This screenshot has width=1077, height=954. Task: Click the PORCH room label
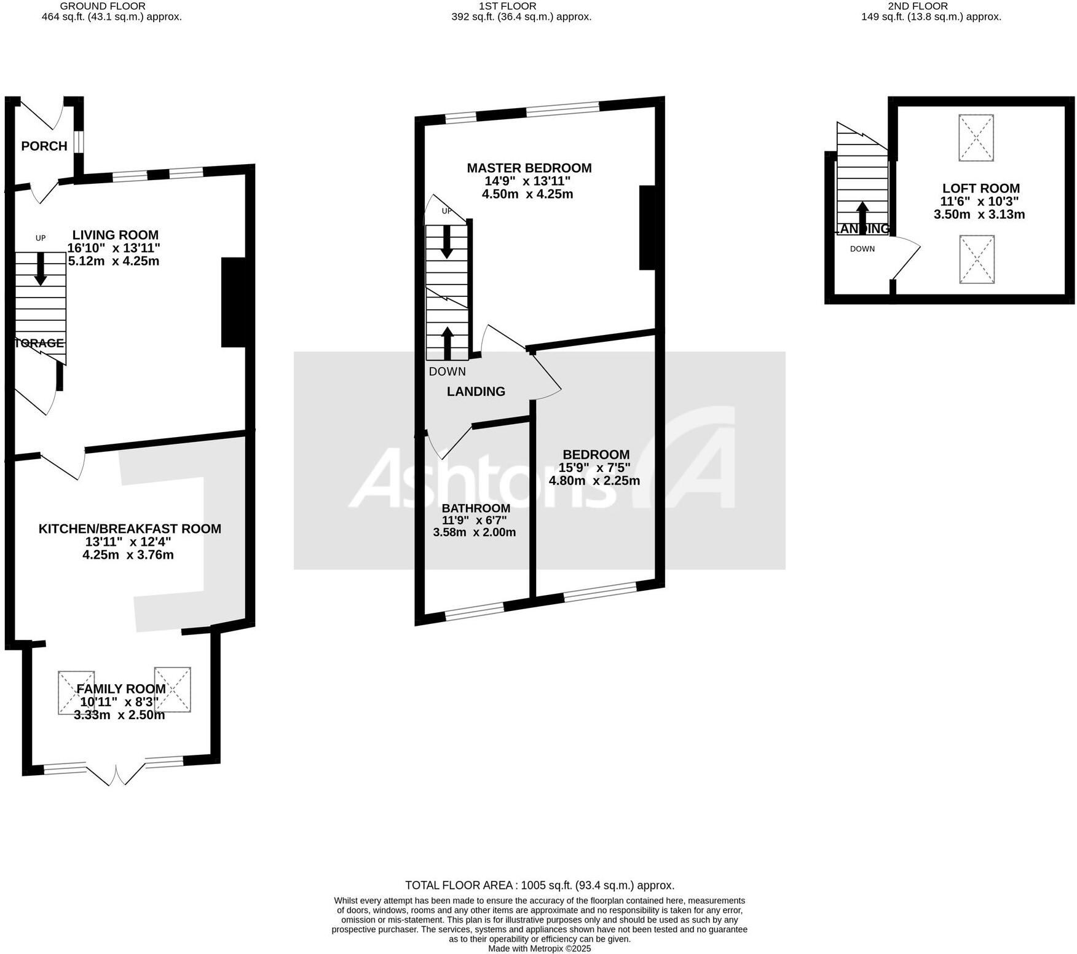tap(44, 146)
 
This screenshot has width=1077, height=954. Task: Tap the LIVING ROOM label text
tap(115, 235)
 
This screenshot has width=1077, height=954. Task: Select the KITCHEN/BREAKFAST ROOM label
tap(130, 529)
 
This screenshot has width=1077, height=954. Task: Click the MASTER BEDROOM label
tap(529, 168)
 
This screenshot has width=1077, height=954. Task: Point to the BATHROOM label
tap(476, 508)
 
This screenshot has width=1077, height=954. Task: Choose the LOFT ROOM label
tap(980, 189)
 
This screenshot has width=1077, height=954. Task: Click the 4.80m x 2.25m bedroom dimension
tap(594, 481)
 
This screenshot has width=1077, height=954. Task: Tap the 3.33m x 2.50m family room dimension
tap(119, 715)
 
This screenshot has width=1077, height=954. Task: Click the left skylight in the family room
tap(76, 693)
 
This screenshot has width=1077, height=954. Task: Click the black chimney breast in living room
tap(234, 302)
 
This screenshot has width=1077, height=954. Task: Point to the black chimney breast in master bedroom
tap(647, 227)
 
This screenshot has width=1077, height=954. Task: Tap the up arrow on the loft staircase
tap(862, 215)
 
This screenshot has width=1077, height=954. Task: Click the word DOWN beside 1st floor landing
tap(447, 371)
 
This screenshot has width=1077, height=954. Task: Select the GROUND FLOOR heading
tap(111, 6)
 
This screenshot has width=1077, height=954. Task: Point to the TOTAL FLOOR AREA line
tap(539, 886)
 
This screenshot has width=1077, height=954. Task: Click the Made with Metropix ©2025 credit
tap(539, 948)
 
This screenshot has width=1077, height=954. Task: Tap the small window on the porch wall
tap(79, 143)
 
